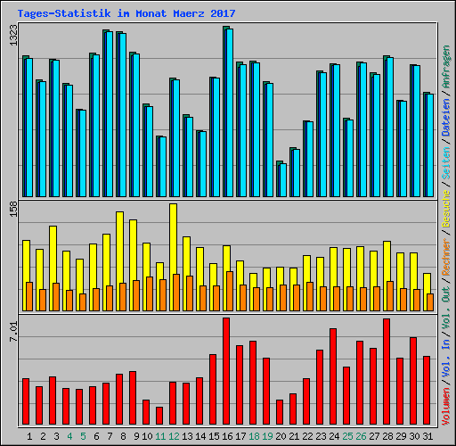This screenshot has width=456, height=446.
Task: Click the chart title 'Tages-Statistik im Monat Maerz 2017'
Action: tap(119, 12)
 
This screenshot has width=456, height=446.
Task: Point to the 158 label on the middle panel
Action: tap(12, 210)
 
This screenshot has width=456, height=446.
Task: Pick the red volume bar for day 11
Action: tap(159, 416)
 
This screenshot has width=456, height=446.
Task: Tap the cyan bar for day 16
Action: tap(229, 112)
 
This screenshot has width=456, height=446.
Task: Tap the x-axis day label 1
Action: tap(30, 436)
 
